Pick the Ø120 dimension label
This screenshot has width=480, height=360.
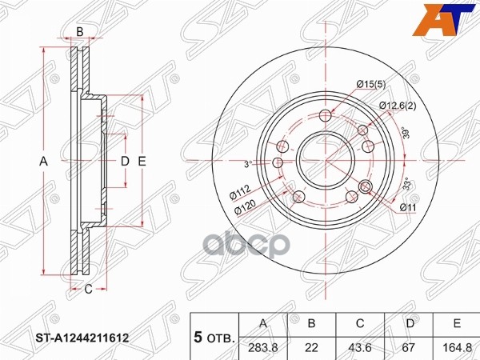(245, 210)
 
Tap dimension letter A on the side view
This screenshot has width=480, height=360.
(45, 162)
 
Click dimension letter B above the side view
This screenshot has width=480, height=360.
(79, 31)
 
